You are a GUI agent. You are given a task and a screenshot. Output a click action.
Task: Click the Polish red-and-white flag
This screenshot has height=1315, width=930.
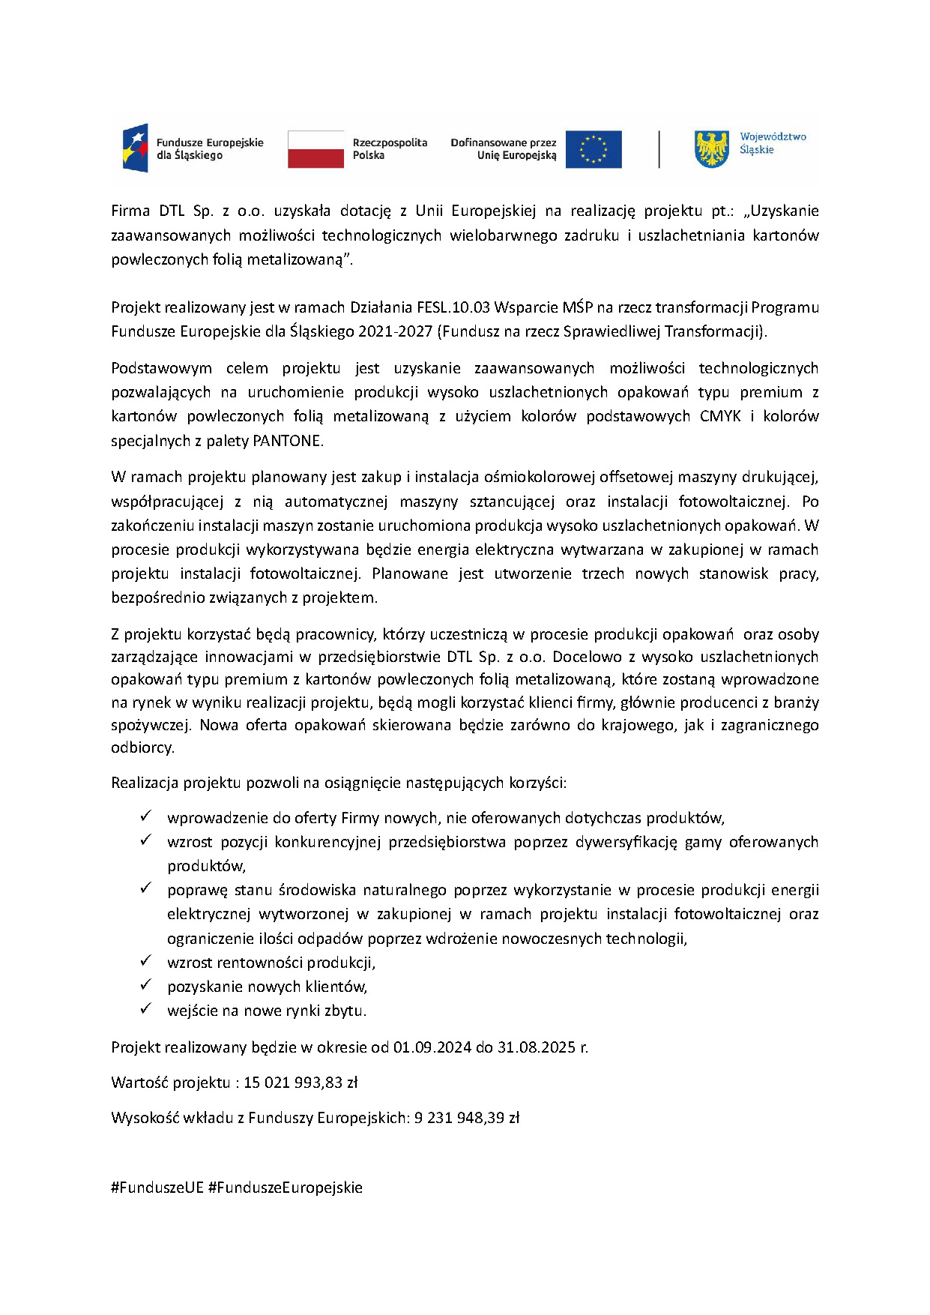315,148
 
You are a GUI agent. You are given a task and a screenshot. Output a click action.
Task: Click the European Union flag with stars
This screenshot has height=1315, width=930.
593,149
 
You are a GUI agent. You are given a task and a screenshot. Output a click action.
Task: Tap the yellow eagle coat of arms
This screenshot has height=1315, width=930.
711,148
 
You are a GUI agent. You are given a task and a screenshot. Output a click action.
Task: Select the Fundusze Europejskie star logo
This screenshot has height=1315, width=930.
136,148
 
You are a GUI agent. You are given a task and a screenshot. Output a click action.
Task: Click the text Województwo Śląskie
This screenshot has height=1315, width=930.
772,143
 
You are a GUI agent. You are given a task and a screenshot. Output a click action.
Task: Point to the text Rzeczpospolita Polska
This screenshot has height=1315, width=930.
389,148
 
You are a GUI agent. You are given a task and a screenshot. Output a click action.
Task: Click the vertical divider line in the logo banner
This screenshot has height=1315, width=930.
659,149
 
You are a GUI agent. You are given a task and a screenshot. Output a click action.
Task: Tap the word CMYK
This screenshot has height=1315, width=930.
720,416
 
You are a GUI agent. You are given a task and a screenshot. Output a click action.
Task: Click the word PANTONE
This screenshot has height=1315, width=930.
287,441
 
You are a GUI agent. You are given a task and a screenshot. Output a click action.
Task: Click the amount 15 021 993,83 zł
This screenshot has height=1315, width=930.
301,1083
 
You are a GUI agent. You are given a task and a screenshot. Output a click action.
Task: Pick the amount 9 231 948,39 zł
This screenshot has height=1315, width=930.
466,1118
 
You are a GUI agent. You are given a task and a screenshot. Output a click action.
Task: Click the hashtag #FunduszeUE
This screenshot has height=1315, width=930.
157,1188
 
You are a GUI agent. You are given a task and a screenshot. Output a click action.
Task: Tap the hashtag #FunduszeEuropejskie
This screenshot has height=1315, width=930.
286,1188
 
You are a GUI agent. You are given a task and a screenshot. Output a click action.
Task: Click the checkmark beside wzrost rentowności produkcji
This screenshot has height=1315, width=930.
146,960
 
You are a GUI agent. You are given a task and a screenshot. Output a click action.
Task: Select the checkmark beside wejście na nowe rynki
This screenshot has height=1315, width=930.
146,1008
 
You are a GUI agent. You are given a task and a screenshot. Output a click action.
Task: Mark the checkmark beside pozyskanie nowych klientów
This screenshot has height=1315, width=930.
146,984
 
